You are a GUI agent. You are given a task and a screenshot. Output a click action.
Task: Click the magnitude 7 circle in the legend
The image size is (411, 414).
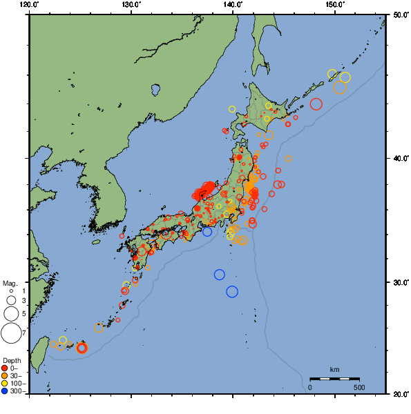click(11, 333)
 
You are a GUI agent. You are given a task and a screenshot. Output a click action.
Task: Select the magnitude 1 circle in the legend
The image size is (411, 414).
click(11, 291)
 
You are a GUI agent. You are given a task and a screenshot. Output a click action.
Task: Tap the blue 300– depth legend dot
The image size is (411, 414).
click(5, 391)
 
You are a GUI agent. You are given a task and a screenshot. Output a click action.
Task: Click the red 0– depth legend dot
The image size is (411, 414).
click(5, 368)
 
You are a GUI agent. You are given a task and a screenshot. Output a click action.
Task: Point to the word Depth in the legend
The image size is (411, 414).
click(11, 361)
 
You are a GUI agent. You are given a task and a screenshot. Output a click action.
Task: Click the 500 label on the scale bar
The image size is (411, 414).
click(359, 387)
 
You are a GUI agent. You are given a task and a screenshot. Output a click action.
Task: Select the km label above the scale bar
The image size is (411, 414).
click(334, 370)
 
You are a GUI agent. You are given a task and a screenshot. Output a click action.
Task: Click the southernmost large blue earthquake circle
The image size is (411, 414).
click(232, 291)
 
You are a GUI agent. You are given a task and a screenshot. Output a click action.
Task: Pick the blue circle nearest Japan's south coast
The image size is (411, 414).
click(207, 232)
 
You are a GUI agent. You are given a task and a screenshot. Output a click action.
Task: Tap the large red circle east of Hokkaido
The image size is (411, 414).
click(316, 104)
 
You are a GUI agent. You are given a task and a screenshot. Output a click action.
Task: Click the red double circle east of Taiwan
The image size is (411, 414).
click(82, 348)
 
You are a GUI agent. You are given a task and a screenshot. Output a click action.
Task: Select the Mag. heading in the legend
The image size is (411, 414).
click(10, 283)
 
